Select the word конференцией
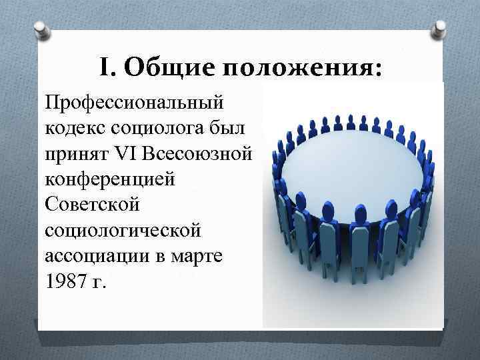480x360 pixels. (109, 181)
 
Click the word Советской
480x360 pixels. (92, 205)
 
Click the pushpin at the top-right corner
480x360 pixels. (441, 29)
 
